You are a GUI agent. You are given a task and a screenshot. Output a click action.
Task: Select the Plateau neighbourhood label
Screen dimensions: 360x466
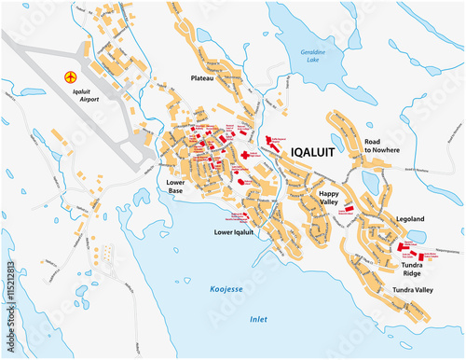[x=203, y=78]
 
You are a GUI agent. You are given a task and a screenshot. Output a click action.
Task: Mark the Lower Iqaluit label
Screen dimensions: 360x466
[x=234, y=231]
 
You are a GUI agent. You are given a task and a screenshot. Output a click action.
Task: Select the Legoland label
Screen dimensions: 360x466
[x=410, y=218]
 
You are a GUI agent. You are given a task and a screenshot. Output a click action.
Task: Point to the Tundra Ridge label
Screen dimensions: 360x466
[x=416, y=270]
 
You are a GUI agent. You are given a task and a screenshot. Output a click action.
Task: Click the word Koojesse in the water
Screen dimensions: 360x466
[x=226, y=290]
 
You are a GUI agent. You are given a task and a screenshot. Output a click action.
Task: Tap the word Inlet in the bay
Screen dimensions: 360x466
[x=258, y=318]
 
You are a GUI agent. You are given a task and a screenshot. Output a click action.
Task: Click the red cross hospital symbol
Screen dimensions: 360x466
[x=246, y=154]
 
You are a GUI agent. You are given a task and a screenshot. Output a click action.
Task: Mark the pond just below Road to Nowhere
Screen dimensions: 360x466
[x=370, y=183]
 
